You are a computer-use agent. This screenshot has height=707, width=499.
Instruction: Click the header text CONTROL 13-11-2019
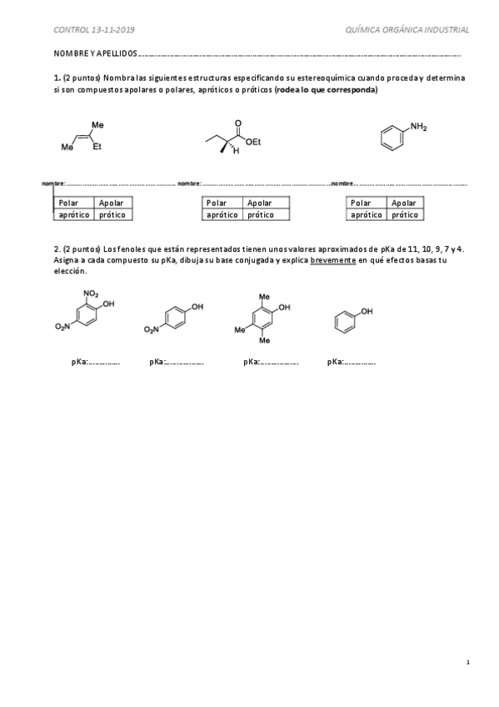(x=95, y=30)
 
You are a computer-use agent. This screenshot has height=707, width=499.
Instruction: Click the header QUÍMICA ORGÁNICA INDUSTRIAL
(x=406, y=30)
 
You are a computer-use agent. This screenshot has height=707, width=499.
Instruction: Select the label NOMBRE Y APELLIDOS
(x=91, y=54)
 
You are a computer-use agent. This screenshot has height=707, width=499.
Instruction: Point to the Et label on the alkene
(x=97, y=147)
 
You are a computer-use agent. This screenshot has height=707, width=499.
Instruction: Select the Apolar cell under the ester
(x=262, y=203)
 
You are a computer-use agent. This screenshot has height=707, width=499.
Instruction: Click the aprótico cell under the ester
(x=221, y=214)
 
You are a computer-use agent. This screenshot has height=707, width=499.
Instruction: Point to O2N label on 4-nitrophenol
(x=151, y=330)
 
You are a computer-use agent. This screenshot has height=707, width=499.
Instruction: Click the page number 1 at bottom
(x=468, y=662)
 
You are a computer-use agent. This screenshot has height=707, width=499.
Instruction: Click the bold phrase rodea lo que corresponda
(x=326, y=89)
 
